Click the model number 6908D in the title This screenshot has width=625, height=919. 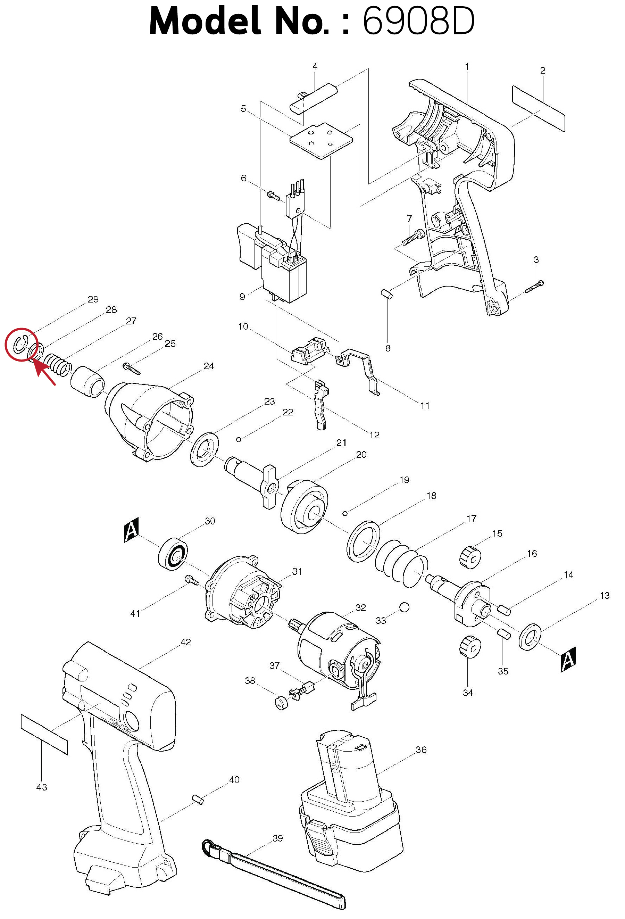coord(418,20)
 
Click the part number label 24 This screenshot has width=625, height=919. coord(209,366)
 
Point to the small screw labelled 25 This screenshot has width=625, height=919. coord(132,369)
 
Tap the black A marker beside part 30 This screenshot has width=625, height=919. coord(132,530)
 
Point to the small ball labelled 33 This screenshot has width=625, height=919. coord(404,607)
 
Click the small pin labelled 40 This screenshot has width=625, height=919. coord(198,799)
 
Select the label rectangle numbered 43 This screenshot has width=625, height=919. coord(44,734)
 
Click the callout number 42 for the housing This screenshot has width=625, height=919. coord(186,642)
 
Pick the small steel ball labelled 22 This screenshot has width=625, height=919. coord(239,439)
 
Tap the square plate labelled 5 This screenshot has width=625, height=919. coord(321,141)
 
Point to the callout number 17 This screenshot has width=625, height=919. coord(471,519)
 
